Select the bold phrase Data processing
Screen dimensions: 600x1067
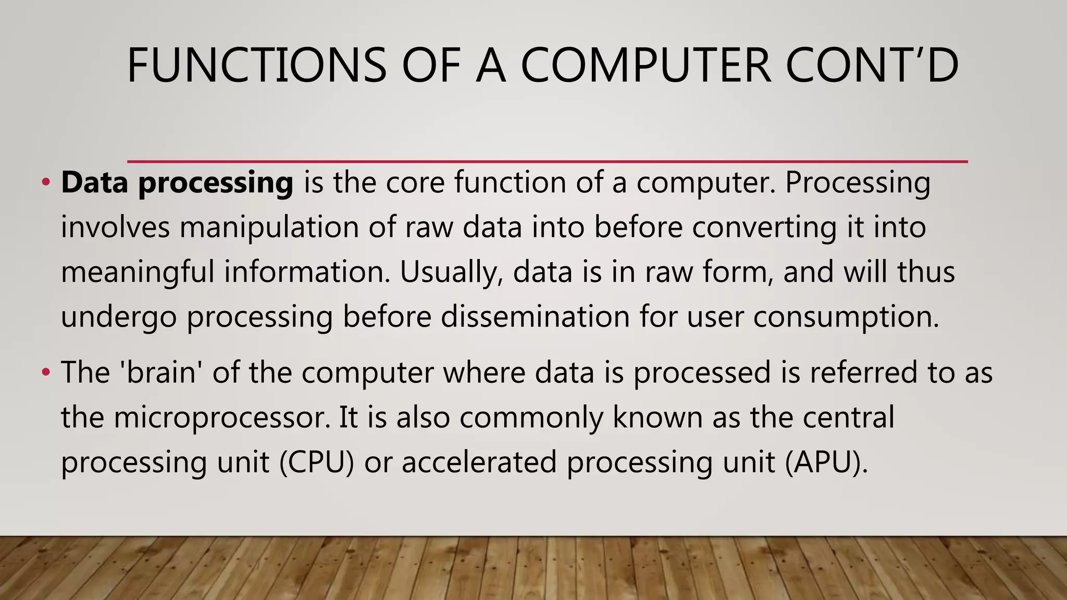[x=177, y=183]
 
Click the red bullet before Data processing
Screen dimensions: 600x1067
[x=46, y=182]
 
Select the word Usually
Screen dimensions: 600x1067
[x=451, y=272]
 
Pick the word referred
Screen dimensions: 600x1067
[x=862, y=373]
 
